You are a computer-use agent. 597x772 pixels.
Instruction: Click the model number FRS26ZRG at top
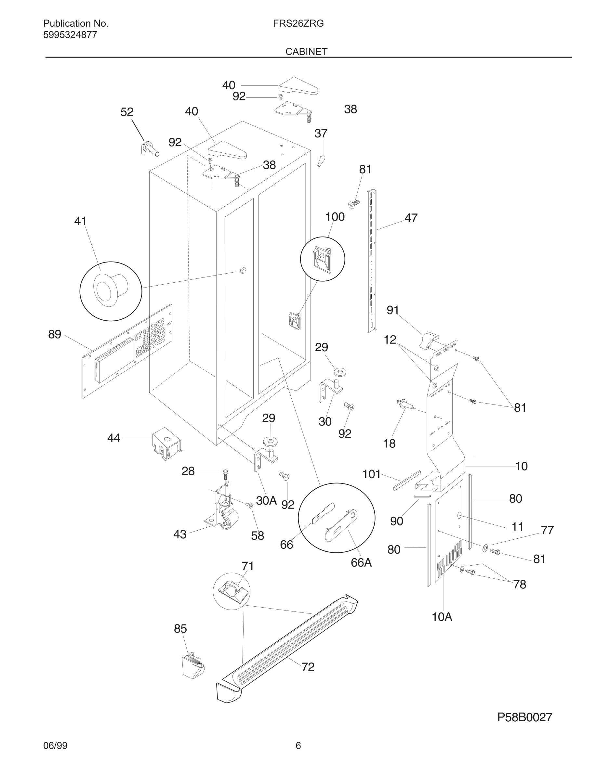298,24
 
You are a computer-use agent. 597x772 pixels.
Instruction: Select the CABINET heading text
306,52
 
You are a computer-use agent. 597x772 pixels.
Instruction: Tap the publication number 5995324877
70,35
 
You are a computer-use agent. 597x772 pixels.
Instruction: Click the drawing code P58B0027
524,717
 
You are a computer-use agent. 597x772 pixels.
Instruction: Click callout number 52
126,112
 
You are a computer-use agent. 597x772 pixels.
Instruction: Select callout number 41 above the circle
80,221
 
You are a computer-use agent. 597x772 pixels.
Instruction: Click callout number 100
335,217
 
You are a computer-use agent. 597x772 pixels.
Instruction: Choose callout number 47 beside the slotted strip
411,218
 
